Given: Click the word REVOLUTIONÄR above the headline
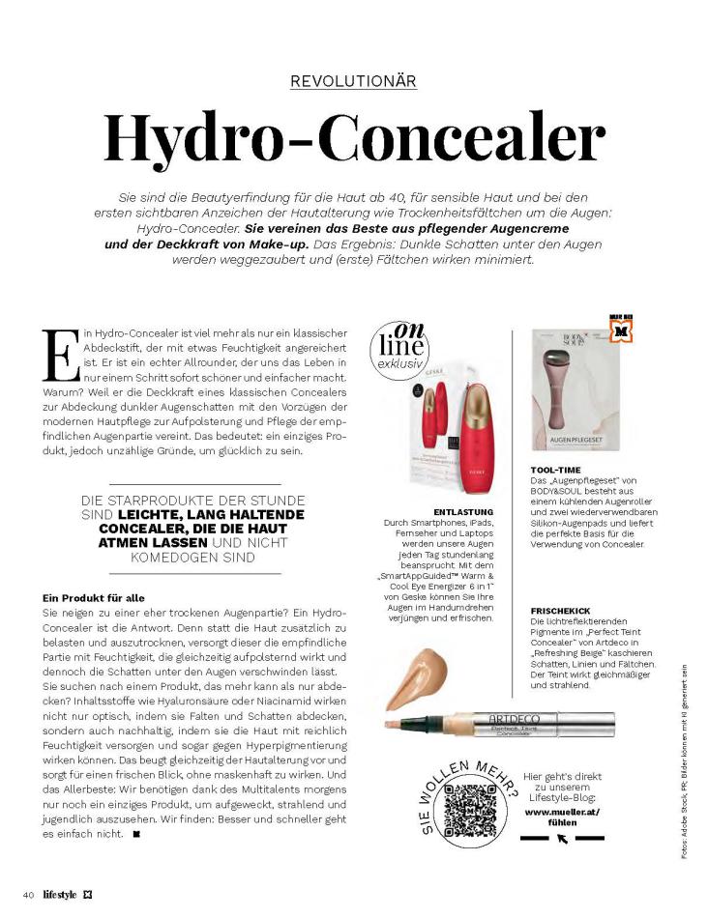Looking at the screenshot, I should (x=353, y=81).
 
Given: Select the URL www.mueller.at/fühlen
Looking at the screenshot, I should (x=562, y=818).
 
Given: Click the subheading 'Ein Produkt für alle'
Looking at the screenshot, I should (x=94, y=598).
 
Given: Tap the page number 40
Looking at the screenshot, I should (x=29, y=893).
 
